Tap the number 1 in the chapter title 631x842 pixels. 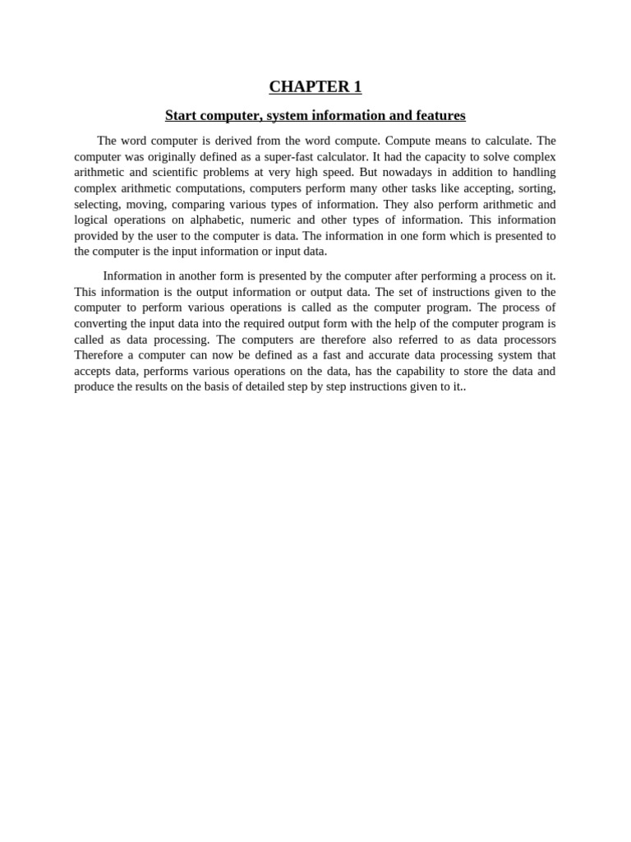(357, 87)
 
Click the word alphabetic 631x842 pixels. (216, 220)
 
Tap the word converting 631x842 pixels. (101, 323)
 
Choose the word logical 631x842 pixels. (92, 220)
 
